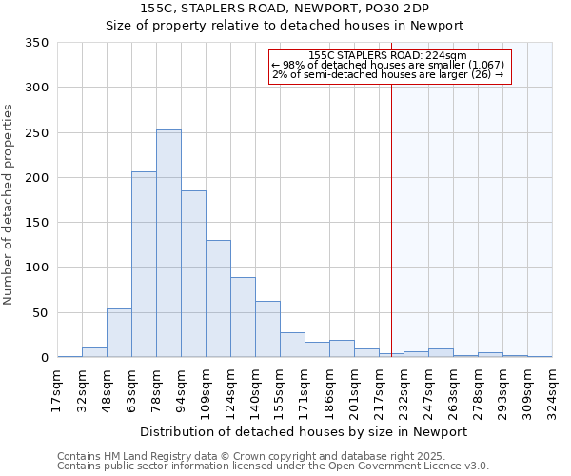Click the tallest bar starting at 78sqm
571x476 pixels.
(168, 244)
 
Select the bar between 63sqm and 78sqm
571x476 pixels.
(144, 265)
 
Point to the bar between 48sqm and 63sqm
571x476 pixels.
(119, 333)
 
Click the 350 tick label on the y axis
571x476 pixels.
(36, 43)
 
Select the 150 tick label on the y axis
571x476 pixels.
(36, 223)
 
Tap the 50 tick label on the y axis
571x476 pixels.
(40, 313)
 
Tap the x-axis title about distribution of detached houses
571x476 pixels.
(305, 431)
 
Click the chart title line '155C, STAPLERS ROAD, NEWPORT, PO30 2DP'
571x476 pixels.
(285, 8)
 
